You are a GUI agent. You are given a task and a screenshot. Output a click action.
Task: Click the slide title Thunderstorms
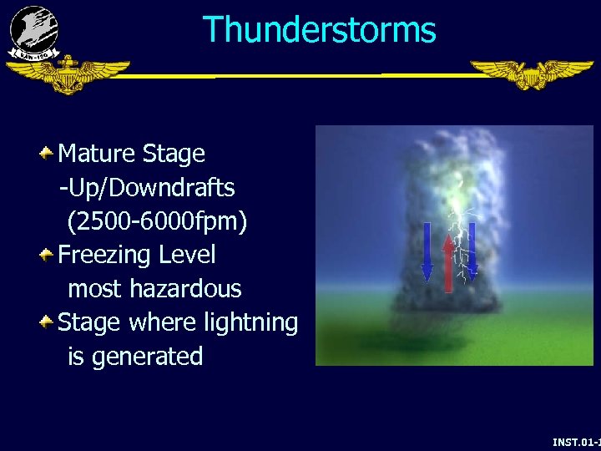click(319, 30)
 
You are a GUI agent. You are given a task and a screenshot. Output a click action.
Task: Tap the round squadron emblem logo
click(34, 31)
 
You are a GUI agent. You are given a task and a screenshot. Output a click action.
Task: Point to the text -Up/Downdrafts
click(146, 188)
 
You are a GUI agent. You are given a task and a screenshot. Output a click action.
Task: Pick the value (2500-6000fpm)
click(158, 221)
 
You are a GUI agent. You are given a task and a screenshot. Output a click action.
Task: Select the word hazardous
click(189, 289)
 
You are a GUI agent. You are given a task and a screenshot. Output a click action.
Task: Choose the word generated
click(147, 357)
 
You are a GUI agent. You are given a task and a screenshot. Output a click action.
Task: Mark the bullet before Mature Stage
click(48, 152)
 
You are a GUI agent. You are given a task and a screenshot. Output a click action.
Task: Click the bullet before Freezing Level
click(48, 253)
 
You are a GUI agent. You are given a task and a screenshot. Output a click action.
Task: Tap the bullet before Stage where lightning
click(48, 321)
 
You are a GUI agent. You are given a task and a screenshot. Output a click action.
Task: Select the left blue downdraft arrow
click(427, 251)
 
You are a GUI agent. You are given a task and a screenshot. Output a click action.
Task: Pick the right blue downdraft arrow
click(472, 249)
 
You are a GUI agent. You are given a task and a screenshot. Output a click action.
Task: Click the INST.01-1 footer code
click(576, 442)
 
